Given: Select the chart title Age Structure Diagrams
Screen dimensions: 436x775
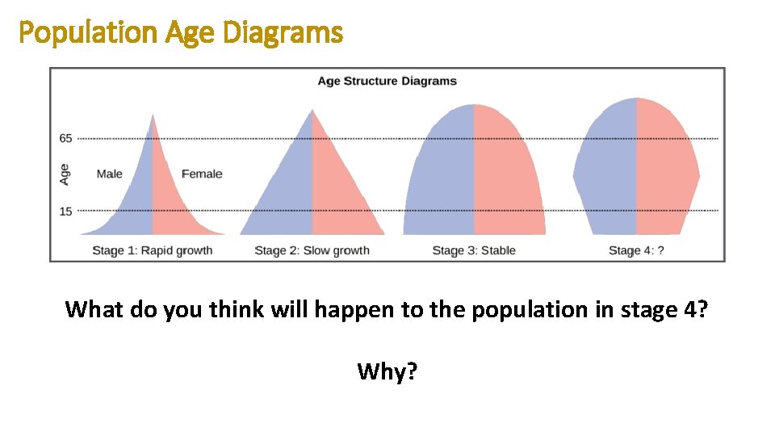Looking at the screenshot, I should (x=387, y=81).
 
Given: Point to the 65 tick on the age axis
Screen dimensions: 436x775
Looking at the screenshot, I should (x=65, y=138).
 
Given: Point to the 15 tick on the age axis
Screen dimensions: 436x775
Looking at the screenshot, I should (x=65, y=212).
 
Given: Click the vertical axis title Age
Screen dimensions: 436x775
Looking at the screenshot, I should (x=65, y=174).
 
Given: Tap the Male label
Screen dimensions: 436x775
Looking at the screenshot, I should (x=110, y=174).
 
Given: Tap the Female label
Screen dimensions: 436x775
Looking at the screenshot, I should (x=201, y=174).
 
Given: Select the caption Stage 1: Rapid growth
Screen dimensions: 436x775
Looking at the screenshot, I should (x=152, y=250).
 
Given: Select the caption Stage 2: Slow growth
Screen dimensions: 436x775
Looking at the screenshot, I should (x=312, y=250).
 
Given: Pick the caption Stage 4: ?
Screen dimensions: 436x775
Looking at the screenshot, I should (x=636, y=250).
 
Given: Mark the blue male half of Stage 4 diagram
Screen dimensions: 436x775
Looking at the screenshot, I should (x=605, y=170).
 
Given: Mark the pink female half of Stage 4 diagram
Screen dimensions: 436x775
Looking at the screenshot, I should (x=667, y=170).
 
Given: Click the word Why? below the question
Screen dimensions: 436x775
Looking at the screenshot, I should (x=387, y=371).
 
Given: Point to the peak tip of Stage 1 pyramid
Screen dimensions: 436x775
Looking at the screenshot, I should (x=152, y=115).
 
